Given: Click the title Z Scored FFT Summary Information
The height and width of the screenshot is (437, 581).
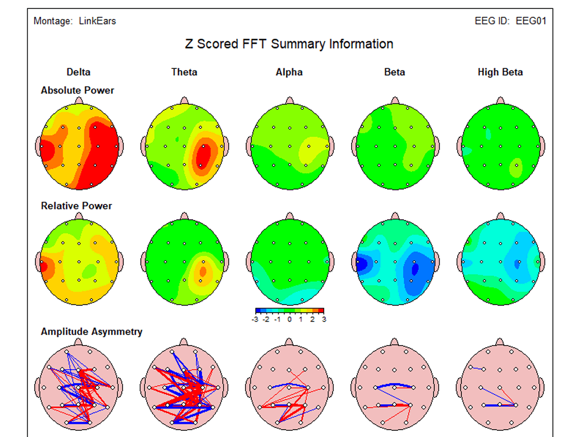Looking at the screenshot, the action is pos(289,44).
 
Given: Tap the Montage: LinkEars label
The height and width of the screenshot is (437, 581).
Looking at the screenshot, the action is pos(75,21).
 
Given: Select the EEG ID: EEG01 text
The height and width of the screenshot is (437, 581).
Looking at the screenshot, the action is pos(510,21).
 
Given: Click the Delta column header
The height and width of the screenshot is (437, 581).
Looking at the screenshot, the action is pos(79,72).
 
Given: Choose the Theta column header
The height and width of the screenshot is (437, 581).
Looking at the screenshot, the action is pos(184,72).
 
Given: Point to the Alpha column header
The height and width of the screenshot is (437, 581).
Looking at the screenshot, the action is pos(289,72).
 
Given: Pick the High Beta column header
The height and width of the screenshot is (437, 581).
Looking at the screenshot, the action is pos(500,72).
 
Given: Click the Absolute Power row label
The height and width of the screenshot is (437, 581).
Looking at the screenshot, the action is pos(77,91).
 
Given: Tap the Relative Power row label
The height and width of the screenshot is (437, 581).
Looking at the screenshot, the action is pos(76,206).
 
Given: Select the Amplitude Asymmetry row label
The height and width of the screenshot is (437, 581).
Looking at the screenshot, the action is pos(91,332).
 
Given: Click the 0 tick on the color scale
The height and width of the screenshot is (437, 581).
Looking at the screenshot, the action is pos(289,319).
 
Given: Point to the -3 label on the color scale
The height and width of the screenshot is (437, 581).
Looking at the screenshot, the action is pos(255,319).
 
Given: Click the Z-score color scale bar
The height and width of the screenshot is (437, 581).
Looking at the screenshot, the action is pos(290,311).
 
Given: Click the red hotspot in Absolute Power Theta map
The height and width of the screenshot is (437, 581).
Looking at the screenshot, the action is pos(203,156).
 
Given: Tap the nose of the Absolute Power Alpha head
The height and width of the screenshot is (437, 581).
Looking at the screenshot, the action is pos(290,101).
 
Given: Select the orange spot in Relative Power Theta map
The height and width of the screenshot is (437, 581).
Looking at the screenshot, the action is pos(202,272).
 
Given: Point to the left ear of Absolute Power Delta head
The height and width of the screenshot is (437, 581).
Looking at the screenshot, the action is pos(38,146).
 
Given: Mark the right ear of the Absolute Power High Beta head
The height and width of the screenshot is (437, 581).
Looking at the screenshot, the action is pos(542,146).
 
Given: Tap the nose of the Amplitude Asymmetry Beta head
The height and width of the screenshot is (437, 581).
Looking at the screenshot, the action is pos(395,342).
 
